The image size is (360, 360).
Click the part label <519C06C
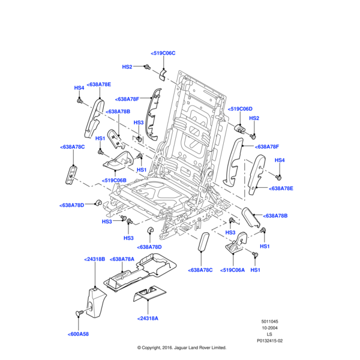coord(163,53)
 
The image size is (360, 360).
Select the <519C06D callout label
coord(240,109)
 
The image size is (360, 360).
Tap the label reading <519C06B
coord(114,180)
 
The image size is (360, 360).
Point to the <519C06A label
coord(233,270)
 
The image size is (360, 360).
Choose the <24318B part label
coord(94,259)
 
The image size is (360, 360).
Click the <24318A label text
coord(148,318)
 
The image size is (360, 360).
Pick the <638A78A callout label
coord(122,259)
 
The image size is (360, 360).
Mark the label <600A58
coord(78,334)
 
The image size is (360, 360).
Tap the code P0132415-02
coord(269,341)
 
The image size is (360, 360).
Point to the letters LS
coord(269,334)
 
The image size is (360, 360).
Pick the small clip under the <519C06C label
coord(162,74)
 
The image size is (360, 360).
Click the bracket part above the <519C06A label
coord(235,247)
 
